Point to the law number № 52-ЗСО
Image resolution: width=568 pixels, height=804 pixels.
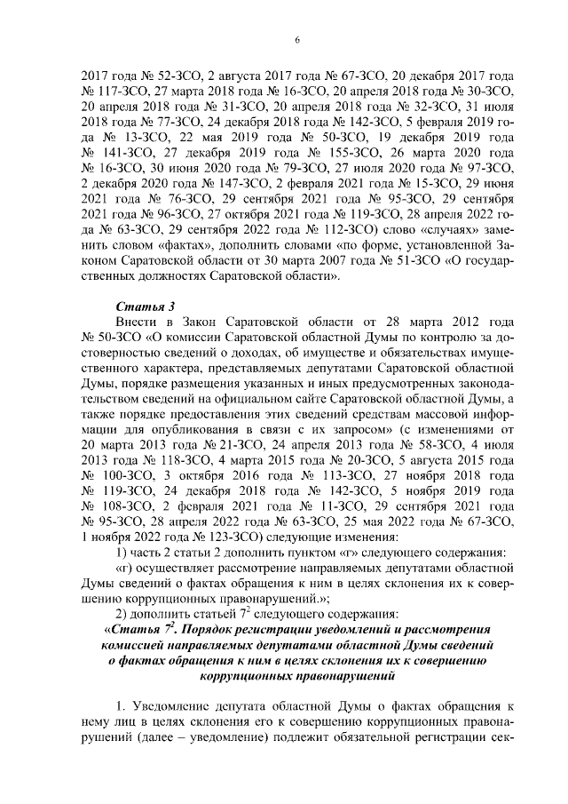pos(148,76)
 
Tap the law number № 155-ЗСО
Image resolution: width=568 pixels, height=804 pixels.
pos(317,152)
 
